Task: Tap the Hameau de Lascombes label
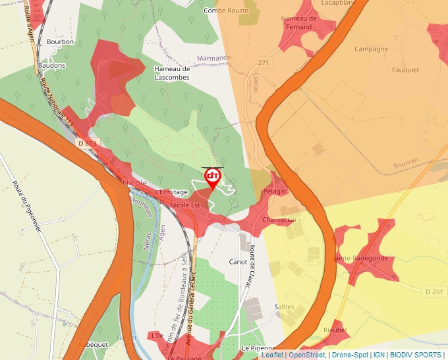click(171, 73)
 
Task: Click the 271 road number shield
click(264, 63)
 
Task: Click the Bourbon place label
click(61, 41)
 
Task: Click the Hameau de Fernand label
click(299, 23)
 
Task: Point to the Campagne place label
click(372, 49)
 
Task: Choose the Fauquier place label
click(405, 70)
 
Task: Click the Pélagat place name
click(275, 191)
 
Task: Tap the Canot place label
click(238, 262)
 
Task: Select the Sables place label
click(285, 307)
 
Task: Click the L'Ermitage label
click(171, 192)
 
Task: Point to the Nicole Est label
click(184, 205)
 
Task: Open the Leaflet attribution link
click(272, 355)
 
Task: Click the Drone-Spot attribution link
click(350, 355)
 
